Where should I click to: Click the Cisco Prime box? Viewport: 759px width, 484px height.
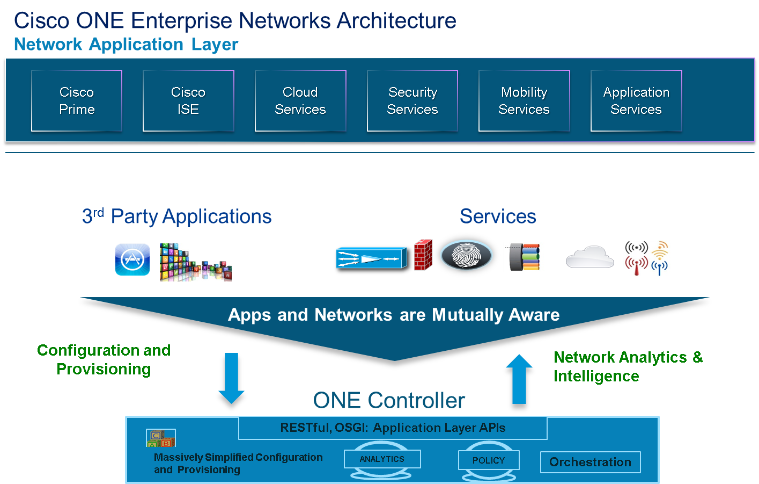(77, 100)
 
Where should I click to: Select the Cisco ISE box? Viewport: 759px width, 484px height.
(188, 100)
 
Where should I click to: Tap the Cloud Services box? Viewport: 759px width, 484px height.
(300, 100)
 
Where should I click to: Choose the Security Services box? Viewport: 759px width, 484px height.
(412, 100)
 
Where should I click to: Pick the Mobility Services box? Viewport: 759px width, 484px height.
(524, 100)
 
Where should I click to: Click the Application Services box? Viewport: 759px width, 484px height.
(636, 100)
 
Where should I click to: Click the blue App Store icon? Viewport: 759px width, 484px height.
(132, 259)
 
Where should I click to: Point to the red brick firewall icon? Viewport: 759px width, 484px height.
(423, 255)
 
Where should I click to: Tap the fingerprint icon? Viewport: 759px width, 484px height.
(466, 255)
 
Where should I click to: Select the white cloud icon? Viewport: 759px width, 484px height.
(589, 257)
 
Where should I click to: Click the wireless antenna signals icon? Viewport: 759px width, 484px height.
(646, 258)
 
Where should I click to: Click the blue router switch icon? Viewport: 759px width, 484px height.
(370, 259)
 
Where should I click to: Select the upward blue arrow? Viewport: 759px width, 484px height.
(519, 384)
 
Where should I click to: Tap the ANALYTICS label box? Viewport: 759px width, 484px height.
(382, 459)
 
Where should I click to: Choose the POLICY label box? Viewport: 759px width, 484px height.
(489, 460)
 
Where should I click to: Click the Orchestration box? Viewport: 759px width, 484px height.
(590, 462)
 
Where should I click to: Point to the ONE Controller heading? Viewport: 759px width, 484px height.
(389, 400)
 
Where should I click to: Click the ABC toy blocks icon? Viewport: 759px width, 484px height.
(160, 438)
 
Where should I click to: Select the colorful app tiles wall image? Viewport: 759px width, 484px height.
(195, 262)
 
